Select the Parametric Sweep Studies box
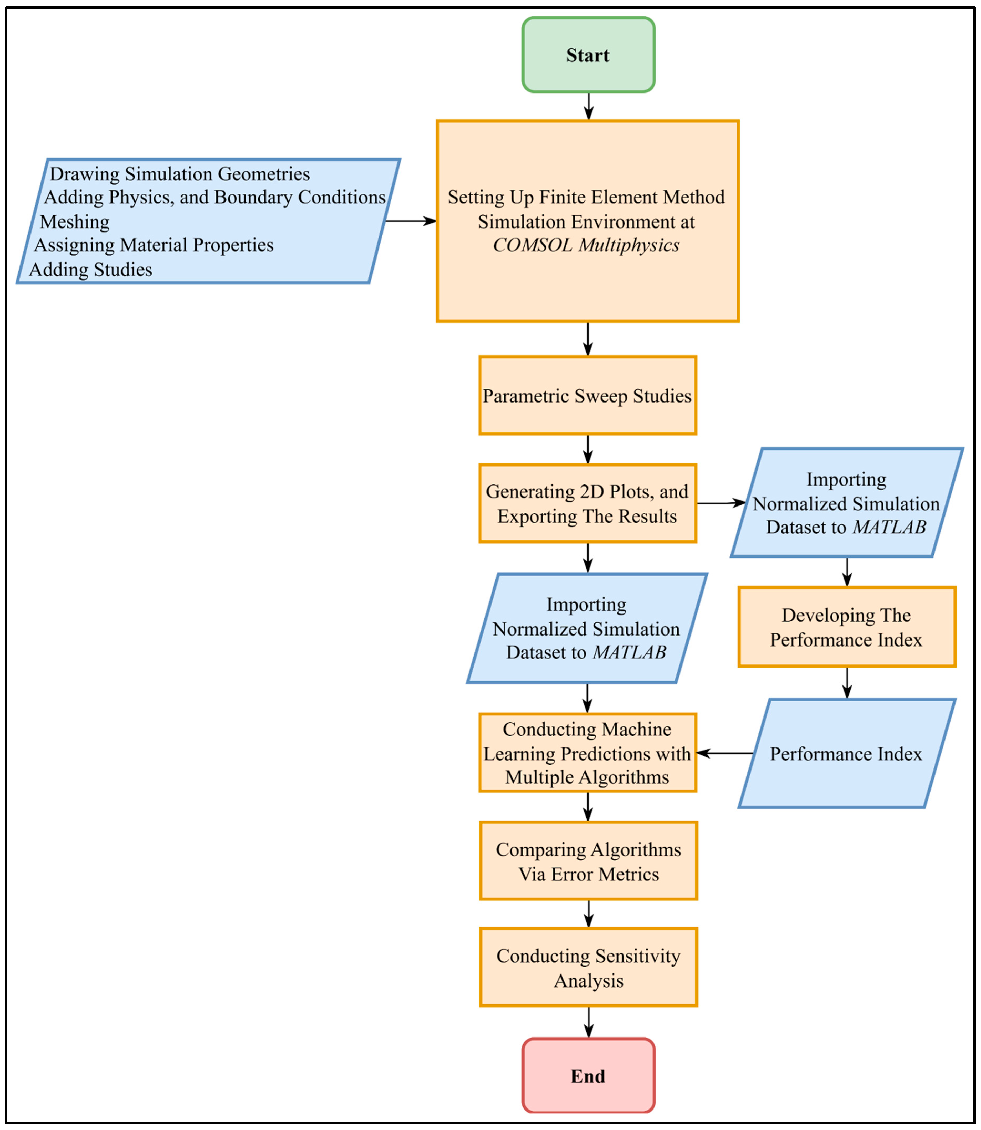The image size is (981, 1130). click(587, 396)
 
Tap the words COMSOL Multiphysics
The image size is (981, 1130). click(586, 245)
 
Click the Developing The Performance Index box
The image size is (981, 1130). click(846, 627)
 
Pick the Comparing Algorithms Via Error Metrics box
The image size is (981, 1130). click(589, 861)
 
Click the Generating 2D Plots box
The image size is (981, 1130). click(587, 503)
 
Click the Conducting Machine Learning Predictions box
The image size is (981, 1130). click(587, 753)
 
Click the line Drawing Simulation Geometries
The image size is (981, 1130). click(180, 174)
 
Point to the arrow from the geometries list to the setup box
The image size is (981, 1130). click(411, 221)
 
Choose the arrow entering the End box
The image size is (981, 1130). click(589, 1022)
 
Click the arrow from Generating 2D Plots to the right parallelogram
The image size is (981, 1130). click(721, 503)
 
